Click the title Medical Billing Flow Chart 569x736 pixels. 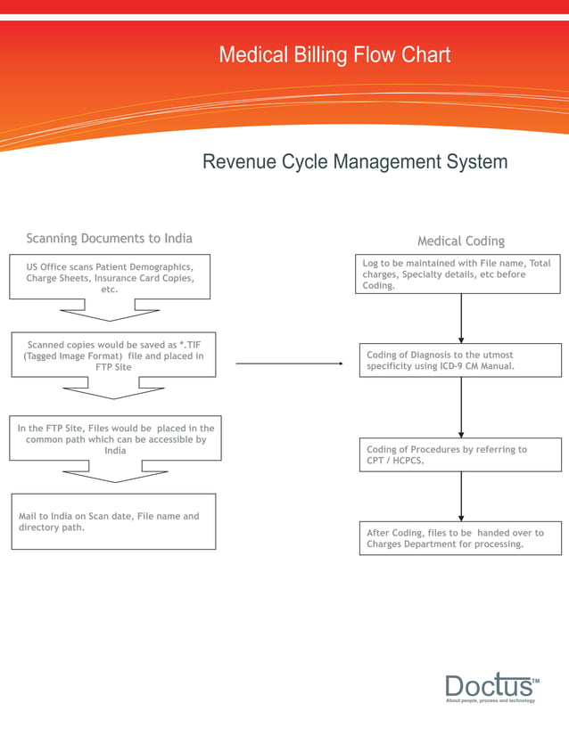334,55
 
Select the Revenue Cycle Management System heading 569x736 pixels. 355,162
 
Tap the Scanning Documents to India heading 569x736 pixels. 109,238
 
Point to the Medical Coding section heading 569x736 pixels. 460,241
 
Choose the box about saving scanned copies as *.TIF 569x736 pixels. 113,356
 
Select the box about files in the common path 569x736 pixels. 115,438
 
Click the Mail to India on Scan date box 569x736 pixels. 113,521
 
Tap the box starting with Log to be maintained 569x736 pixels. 460,274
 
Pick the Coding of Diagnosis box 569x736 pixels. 460,360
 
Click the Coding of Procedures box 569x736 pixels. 460,455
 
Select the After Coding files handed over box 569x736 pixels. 460,538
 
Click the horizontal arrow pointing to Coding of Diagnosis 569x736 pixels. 290,364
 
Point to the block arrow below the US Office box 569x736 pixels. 110,310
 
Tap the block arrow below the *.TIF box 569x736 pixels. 113,388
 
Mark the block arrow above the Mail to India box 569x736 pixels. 116,471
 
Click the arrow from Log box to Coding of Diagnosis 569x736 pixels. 461,318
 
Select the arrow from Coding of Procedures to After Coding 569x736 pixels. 461,496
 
